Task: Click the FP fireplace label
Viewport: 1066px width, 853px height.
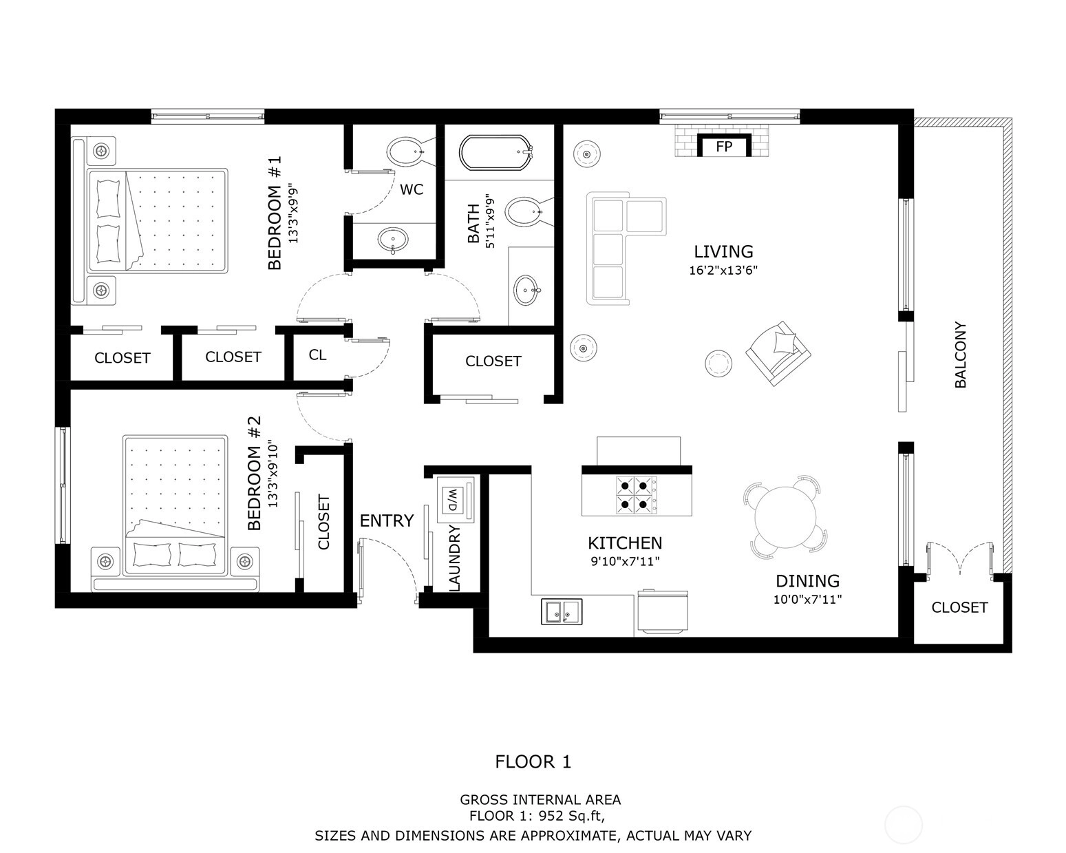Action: [x=724, y=147]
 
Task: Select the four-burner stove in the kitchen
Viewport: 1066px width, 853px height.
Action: [x=636, y=494]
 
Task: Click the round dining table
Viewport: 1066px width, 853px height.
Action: [x=785, y=517]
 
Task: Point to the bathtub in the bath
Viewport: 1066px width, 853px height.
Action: [x=495, y=153]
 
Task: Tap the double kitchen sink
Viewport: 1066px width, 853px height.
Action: [x=562, y=611]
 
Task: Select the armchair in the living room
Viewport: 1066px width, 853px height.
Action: [x=778, y=353]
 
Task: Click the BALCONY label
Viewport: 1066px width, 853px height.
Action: [x=960, y=355]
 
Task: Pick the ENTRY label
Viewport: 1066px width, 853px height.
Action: [x=386, y=520]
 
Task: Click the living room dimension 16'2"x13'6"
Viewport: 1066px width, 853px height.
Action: [x=723, y=270]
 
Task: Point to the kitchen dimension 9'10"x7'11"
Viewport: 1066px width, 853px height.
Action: [x=625, y=562]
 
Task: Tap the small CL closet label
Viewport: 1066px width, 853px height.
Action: [x=317, y=355]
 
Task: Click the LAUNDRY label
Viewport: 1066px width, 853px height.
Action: [x=454, y=558]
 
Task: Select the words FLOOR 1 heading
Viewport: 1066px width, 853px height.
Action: [x=533, y=762]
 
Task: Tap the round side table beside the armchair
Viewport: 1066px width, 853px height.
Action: [x=718, y=364]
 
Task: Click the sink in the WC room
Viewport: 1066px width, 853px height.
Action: [x=394, y=240]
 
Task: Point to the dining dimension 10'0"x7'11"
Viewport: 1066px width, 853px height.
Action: [x=807, y=600]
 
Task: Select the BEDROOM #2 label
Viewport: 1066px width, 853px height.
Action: [x=254, y=473]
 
